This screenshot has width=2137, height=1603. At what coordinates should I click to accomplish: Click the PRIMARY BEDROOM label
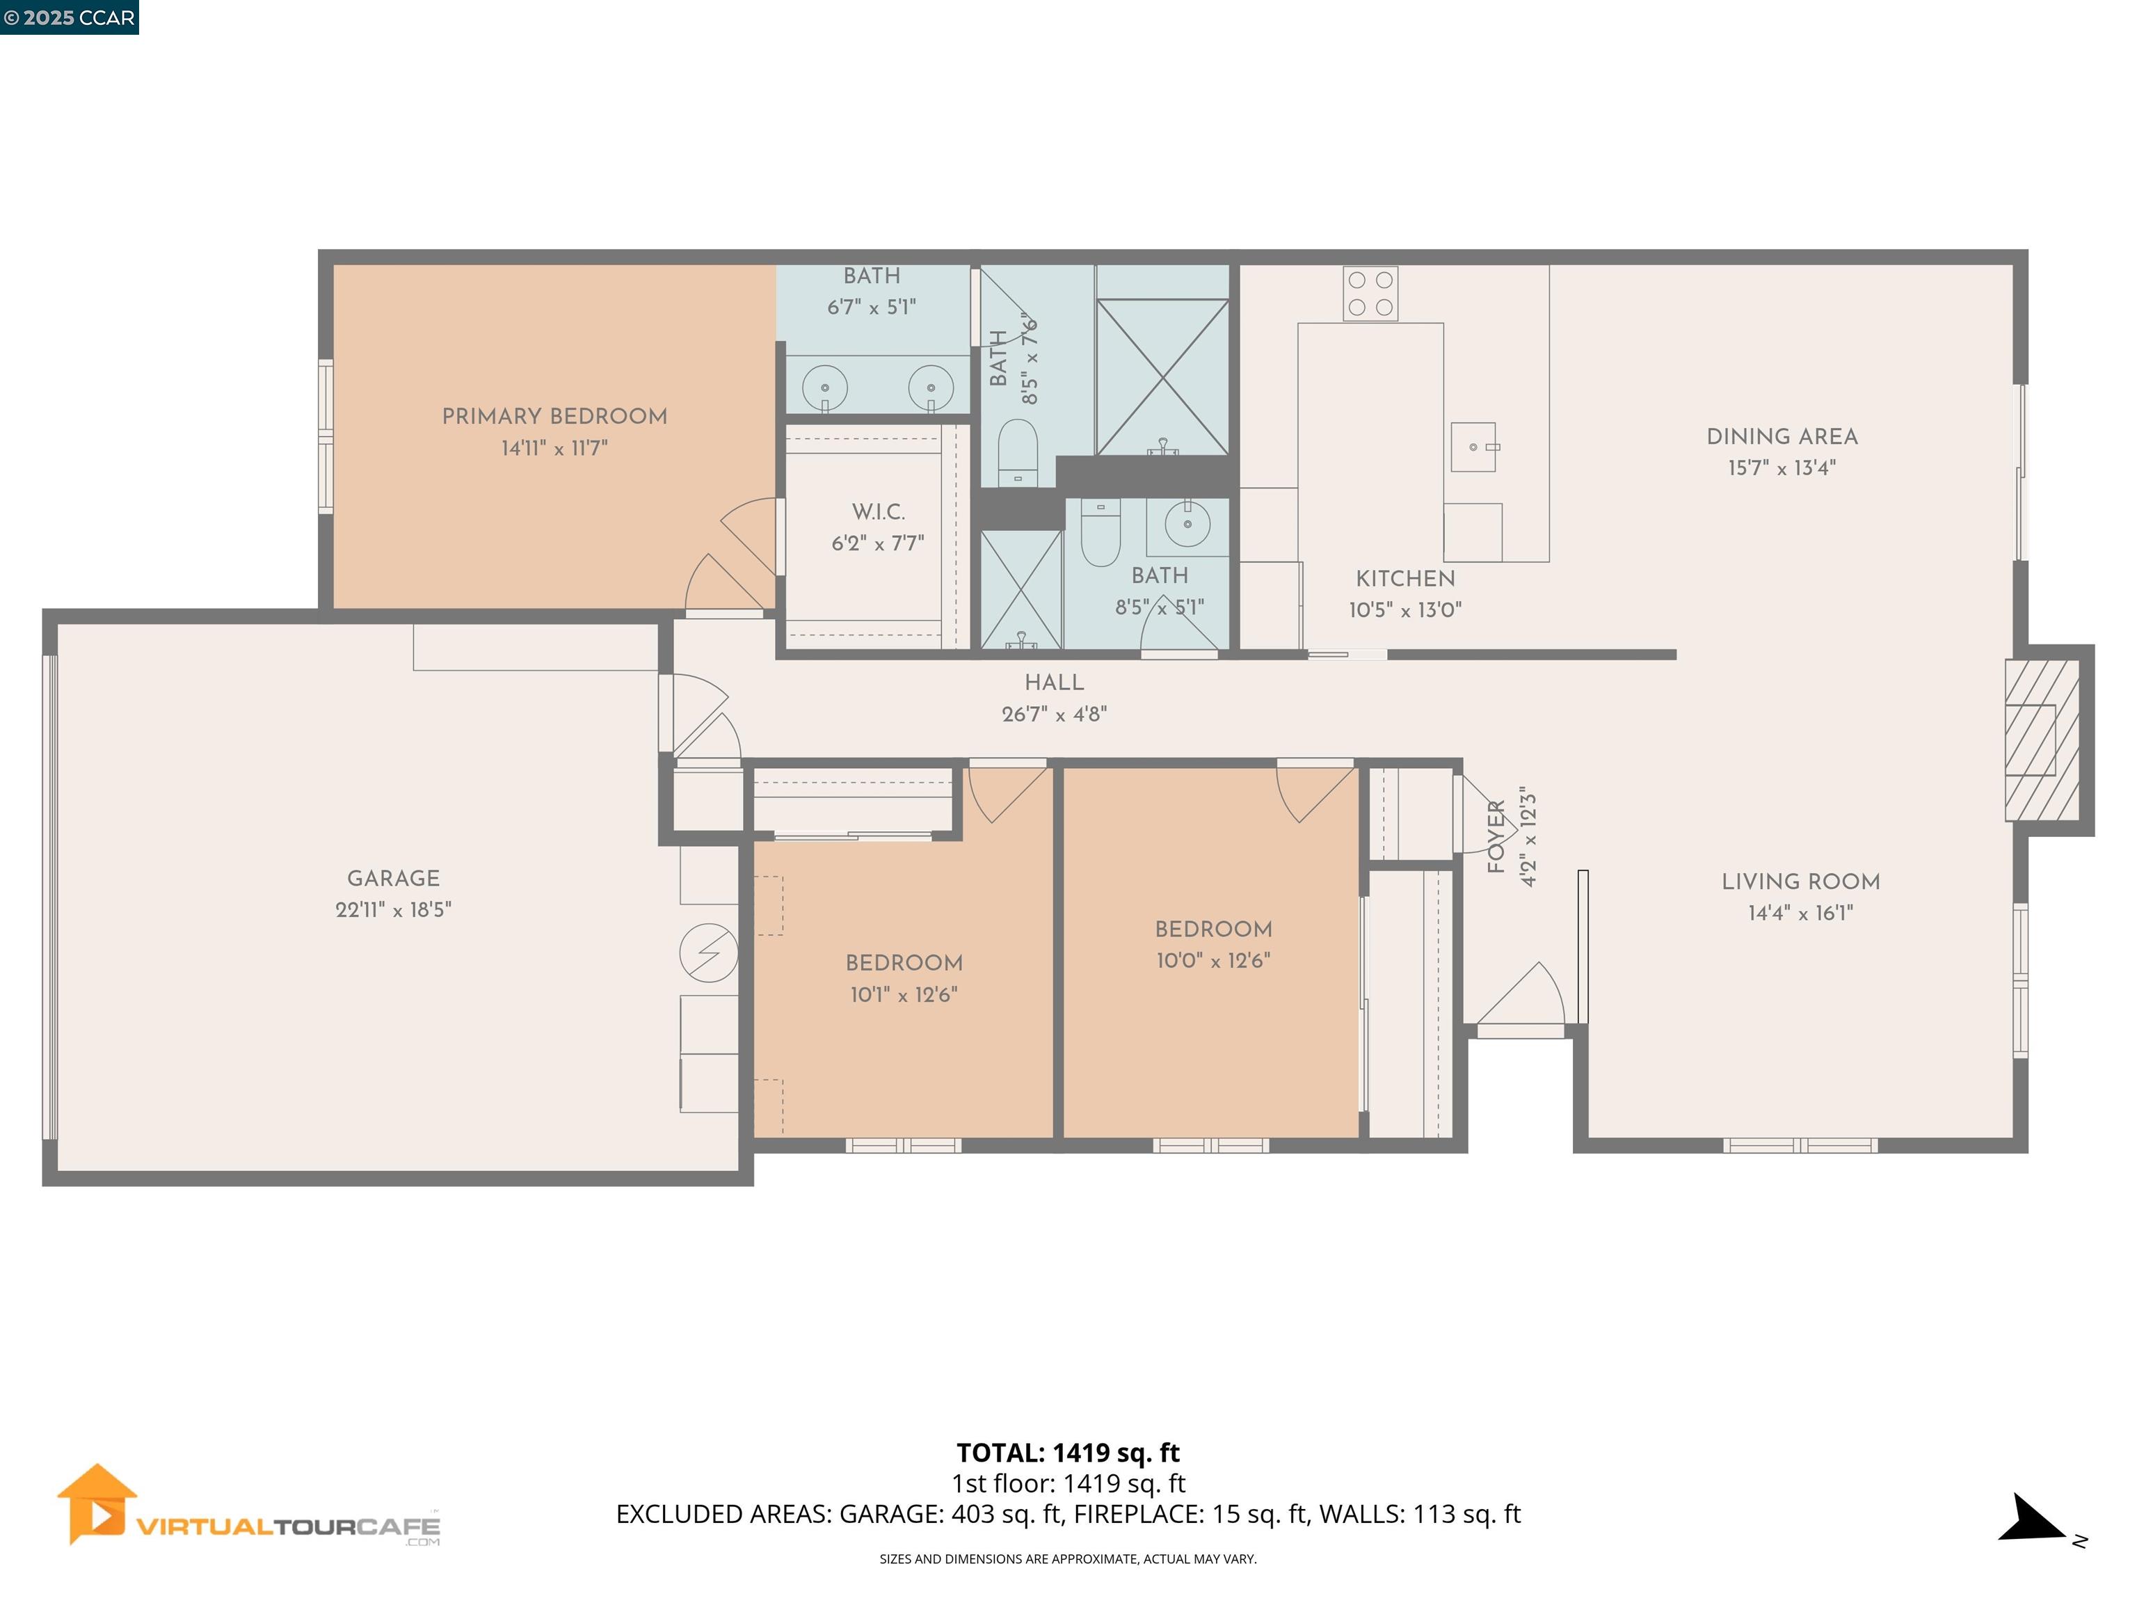click(x=554, y=417)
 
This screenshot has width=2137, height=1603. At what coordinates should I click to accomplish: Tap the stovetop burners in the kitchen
click(x=1370, y=294)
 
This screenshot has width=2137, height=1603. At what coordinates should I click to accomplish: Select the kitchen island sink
click(x=1473, y=447)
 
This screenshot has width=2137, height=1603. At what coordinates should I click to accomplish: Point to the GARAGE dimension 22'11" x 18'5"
click(x=393, y=910)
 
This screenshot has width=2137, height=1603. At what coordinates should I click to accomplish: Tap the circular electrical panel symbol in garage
click(x=708, y=952)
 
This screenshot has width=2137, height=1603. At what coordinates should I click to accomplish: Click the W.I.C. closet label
click(x=878, y=512)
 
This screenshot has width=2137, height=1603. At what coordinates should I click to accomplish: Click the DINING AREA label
click(x=1782, y=437)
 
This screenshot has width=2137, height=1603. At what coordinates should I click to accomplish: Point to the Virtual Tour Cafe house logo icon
click(x=97, y=1504)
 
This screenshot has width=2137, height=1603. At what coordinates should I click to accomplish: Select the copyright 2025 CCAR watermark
click(x=69, y=17)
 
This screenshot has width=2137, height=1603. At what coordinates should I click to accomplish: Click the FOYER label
click(x=1496, y=837)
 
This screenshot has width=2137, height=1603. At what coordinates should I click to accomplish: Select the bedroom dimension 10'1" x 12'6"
click(x=904, y=995)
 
